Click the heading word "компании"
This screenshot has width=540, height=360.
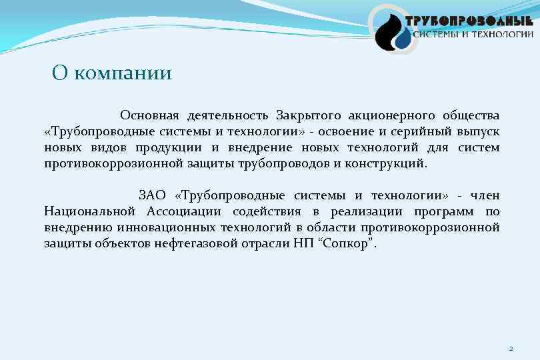[123, 73]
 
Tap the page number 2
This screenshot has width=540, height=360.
[511, 348]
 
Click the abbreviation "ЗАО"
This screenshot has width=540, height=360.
[152, 195]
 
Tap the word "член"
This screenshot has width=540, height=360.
[485, 195]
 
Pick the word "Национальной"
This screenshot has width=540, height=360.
[90, 211]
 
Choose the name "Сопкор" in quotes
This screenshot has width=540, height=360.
[347, 243]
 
